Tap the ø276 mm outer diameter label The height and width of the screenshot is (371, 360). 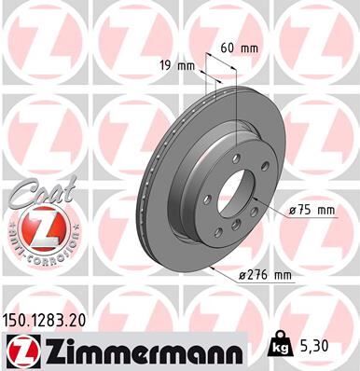coord(266,276)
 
